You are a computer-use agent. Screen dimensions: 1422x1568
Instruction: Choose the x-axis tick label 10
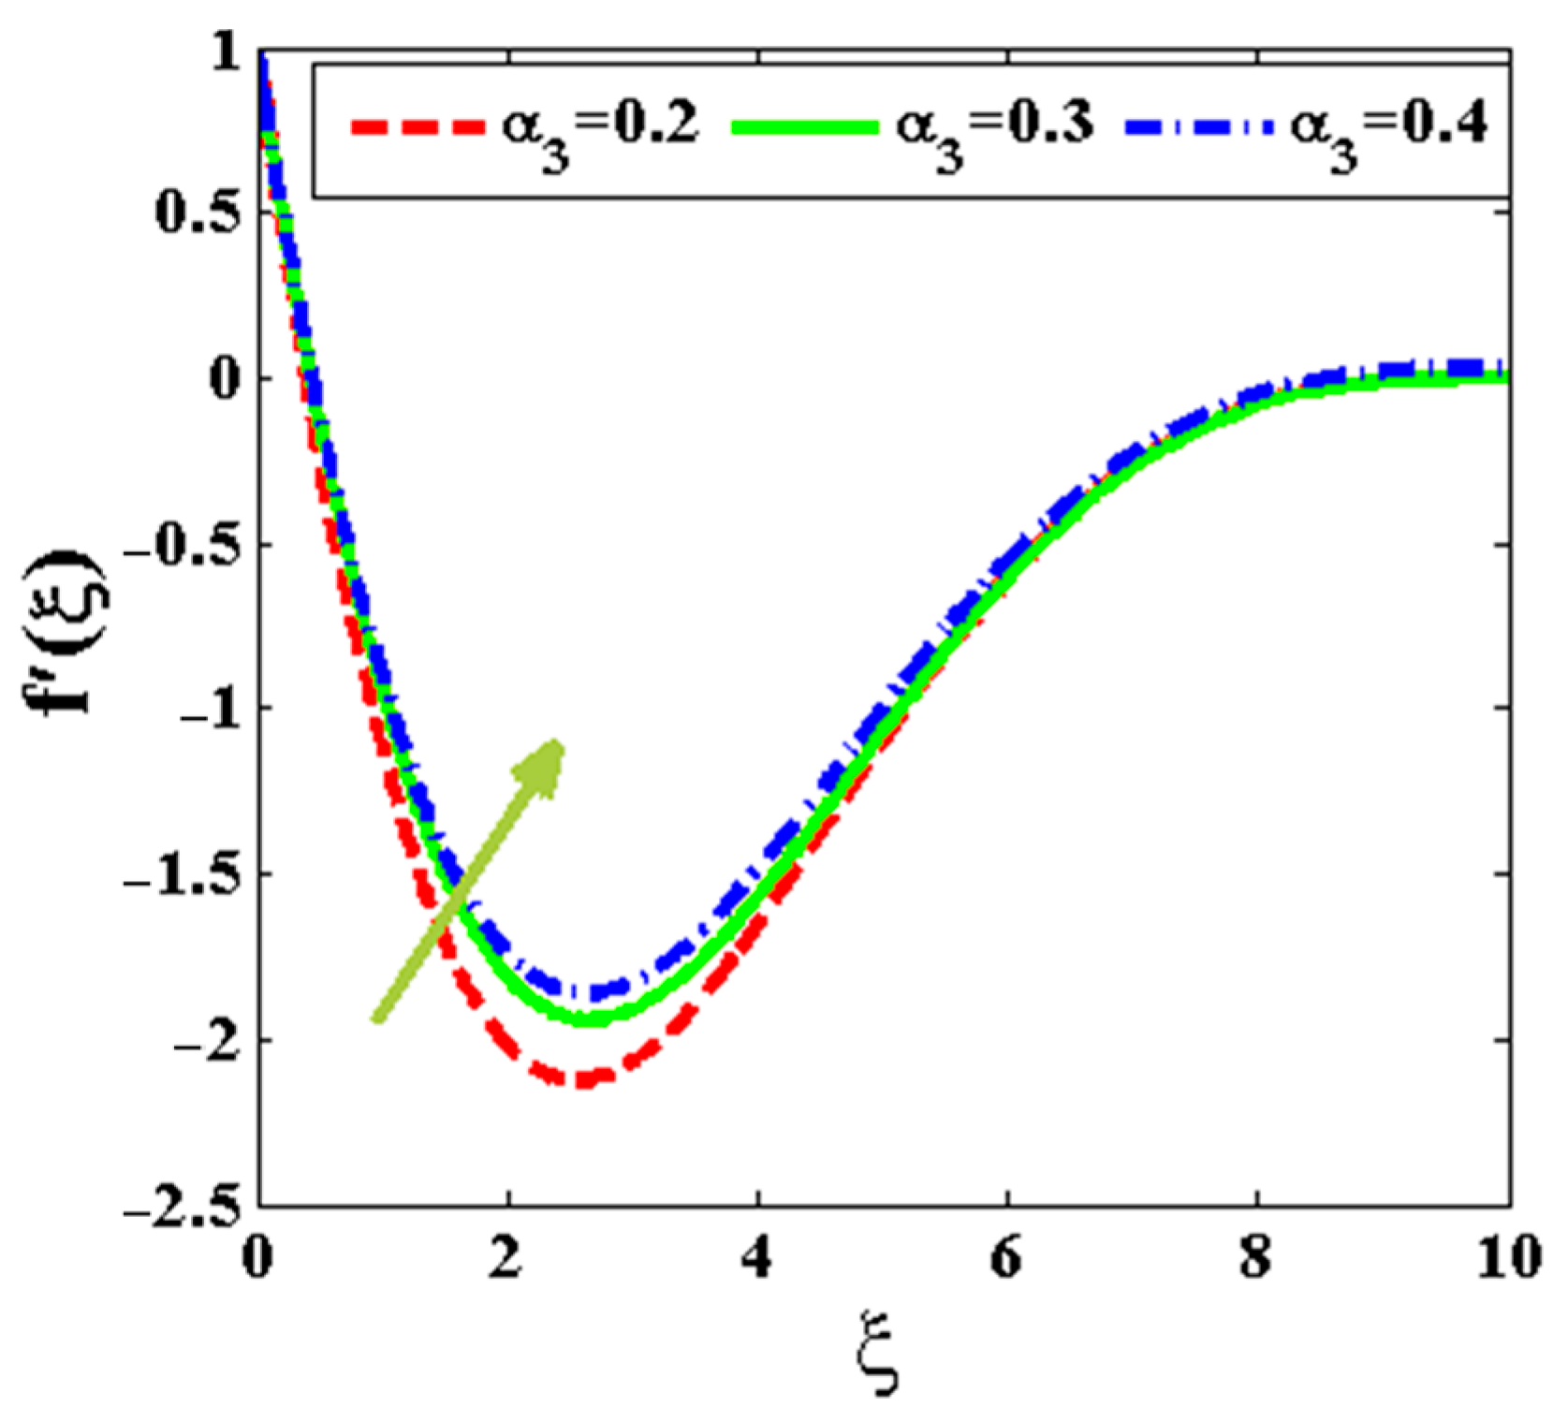1509,1255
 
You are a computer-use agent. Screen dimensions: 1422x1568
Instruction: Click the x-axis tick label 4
756,1255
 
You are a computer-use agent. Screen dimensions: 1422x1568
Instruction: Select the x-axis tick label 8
1256,1255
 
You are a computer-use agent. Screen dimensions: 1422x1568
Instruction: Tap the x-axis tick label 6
1006,1255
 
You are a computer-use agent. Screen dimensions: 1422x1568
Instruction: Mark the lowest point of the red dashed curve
582,1079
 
